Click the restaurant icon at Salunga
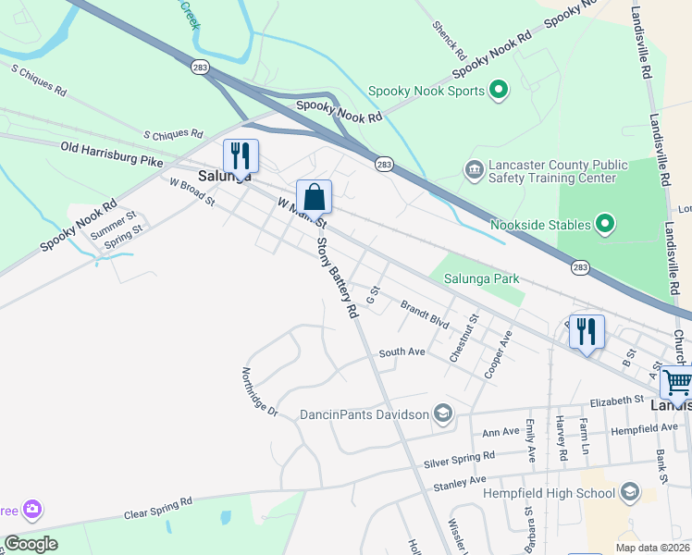[x=241, y=156]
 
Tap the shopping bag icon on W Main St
[x=314, y=197]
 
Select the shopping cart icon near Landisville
[x=677, y=380]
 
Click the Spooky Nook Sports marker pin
[x=500, y=90]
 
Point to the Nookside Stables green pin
[x=605, y=223]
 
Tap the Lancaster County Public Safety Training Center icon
[x=474, y=170]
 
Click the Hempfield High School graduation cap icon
[x=632, y=491]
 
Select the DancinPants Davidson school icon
[x=443, y=413]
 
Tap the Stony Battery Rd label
[x=337, y=278]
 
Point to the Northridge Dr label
[x=260, y=392]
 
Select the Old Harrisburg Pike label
[x=112, y=153]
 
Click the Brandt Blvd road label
[x=425, y=314]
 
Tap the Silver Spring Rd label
[x=459, y=458]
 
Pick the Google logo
[x=31, y=544]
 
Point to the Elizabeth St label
[x=617, y=401]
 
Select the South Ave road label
[x=402, y=352]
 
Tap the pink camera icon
[x=33, y=509]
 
